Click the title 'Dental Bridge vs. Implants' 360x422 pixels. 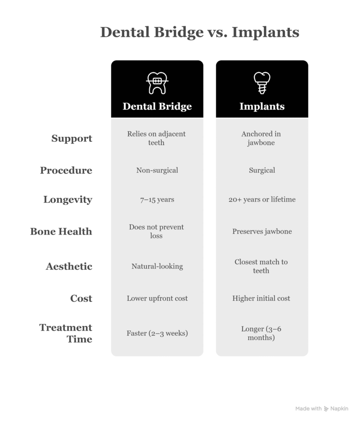pyautogui.click(x=200, y=32)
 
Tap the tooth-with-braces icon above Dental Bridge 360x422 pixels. pyautogui.click(x=157, y=82)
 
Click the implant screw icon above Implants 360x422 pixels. pyautogui.click(x=262, y=82)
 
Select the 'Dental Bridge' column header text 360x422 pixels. pyautogui.click(x=157, y=106)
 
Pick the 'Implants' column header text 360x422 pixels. pyautogui.click(x=262, y=106)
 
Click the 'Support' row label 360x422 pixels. pyautogui.click(x=72, y=138)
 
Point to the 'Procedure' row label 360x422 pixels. pyautogui.click(x=66, y=170)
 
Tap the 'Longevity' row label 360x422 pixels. pyautogui.click(x=68, y=200)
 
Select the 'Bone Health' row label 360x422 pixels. pyautogui.click(x=61, y=231)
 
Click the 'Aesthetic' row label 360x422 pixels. pyautogui.click(x=69, y=266)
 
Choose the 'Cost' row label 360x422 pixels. pyautogui.click(x=81, y=298)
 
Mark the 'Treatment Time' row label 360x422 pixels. pyautogui.click(x=66, y=333)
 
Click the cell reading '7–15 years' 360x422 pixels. pyautogui.click(x=157, y=200)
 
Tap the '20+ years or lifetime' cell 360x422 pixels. pyautogui.click(x=262, y=200)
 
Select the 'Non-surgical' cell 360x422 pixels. pyautogui.click(x=157, y=170)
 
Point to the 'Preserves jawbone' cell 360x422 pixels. pyautogui.click(x=262, y=232)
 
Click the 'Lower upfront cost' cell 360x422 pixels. pyautogui.click(x=157, y=298)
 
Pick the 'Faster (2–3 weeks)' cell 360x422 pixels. pyautogui.click(x=157, y=333)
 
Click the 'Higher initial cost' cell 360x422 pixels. pyautogui.click(x=261, y=298)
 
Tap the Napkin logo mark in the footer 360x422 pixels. pyautogui.click(x=327, y=409)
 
